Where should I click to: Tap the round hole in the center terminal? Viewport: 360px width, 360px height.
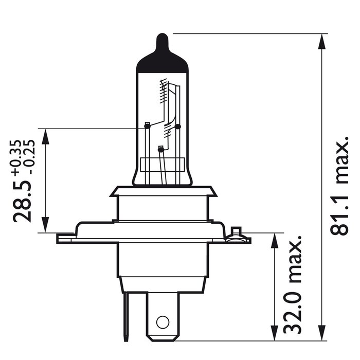point(163,322)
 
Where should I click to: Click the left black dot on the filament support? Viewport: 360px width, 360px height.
point(148,125)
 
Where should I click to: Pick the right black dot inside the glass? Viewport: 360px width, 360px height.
point(178,126)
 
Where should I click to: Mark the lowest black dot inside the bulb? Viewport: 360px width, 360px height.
point(160,150)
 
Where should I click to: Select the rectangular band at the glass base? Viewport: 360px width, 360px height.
point(162,166)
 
